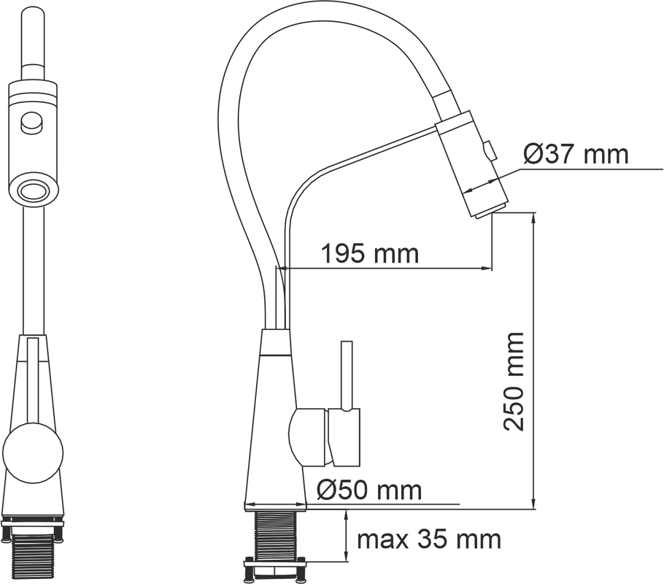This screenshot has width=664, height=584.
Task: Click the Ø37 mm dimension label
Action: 576,154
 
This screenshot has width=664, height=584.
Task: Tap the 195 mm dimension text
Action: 370,253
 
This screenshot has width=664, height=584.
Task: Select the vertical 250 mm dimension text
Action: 514,381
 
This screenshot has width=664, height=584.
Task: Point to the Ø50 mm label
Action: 369,491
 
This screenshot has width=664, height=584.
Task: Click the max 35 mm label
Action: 429,539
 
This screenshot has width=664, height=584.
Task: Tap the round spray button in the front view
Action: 32,123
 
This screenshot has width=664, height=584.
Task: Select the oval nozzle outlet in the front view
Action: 33,189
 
